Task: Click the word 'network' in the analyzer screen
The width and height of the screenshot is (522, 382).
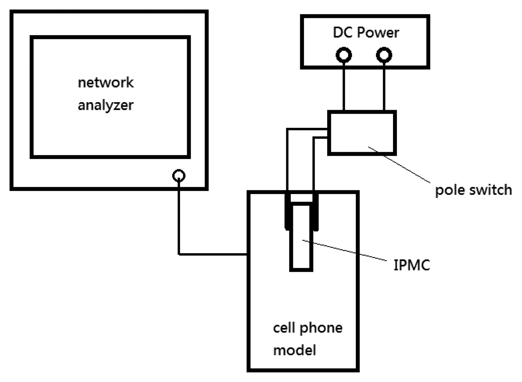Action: [x=106, y=82]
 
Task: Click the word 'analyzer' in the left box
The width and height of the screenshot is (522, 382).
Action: [x=105, y=105]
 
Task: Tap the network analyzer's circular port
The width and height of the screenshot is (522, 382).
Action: [x=179, y=176]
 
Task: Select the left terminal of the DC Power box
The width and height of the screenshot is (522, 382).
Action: [x=344, y=55]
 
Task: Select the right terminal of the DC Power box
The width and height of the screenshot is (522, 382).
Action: [x=384, y=55]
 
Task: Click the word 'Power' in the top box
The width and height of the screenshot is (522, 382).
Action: [x=378, y=32]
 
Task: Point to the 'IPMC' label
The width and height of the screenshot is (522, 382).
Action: [x=411, y=265]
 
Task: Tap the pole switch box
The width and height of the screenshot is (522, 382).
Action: [x=361, y=132]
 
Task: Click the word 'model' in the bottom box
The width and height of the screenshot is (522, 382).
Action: [x=294, y=350]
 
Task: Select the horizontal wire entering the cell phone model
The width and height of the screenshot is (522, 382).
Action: [x=213, y=254]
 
